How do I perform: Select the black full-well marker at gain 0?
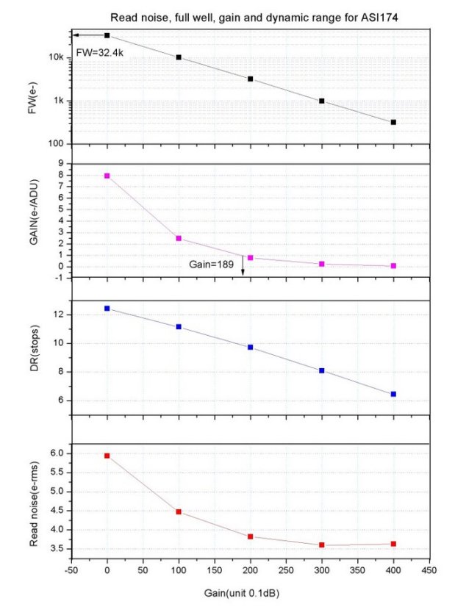pos(107,35)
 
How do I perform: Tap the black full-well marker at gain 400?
pos(394,122)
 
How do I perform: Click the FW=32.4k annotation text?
pos(100,53)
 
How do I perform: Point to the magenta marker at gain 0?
pos(107,176)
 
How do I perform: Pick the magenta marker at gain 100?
pos(179,238)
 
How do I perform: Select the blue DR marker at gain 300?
pos(322,370)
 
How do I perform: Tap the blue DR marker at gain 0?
pos(107,309)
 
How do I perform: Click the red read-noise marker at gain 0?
pos(107,456)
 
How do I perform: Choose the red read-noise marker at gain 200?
pos(251,536)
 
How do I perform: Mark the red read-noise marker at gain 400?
pos(394,544)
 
